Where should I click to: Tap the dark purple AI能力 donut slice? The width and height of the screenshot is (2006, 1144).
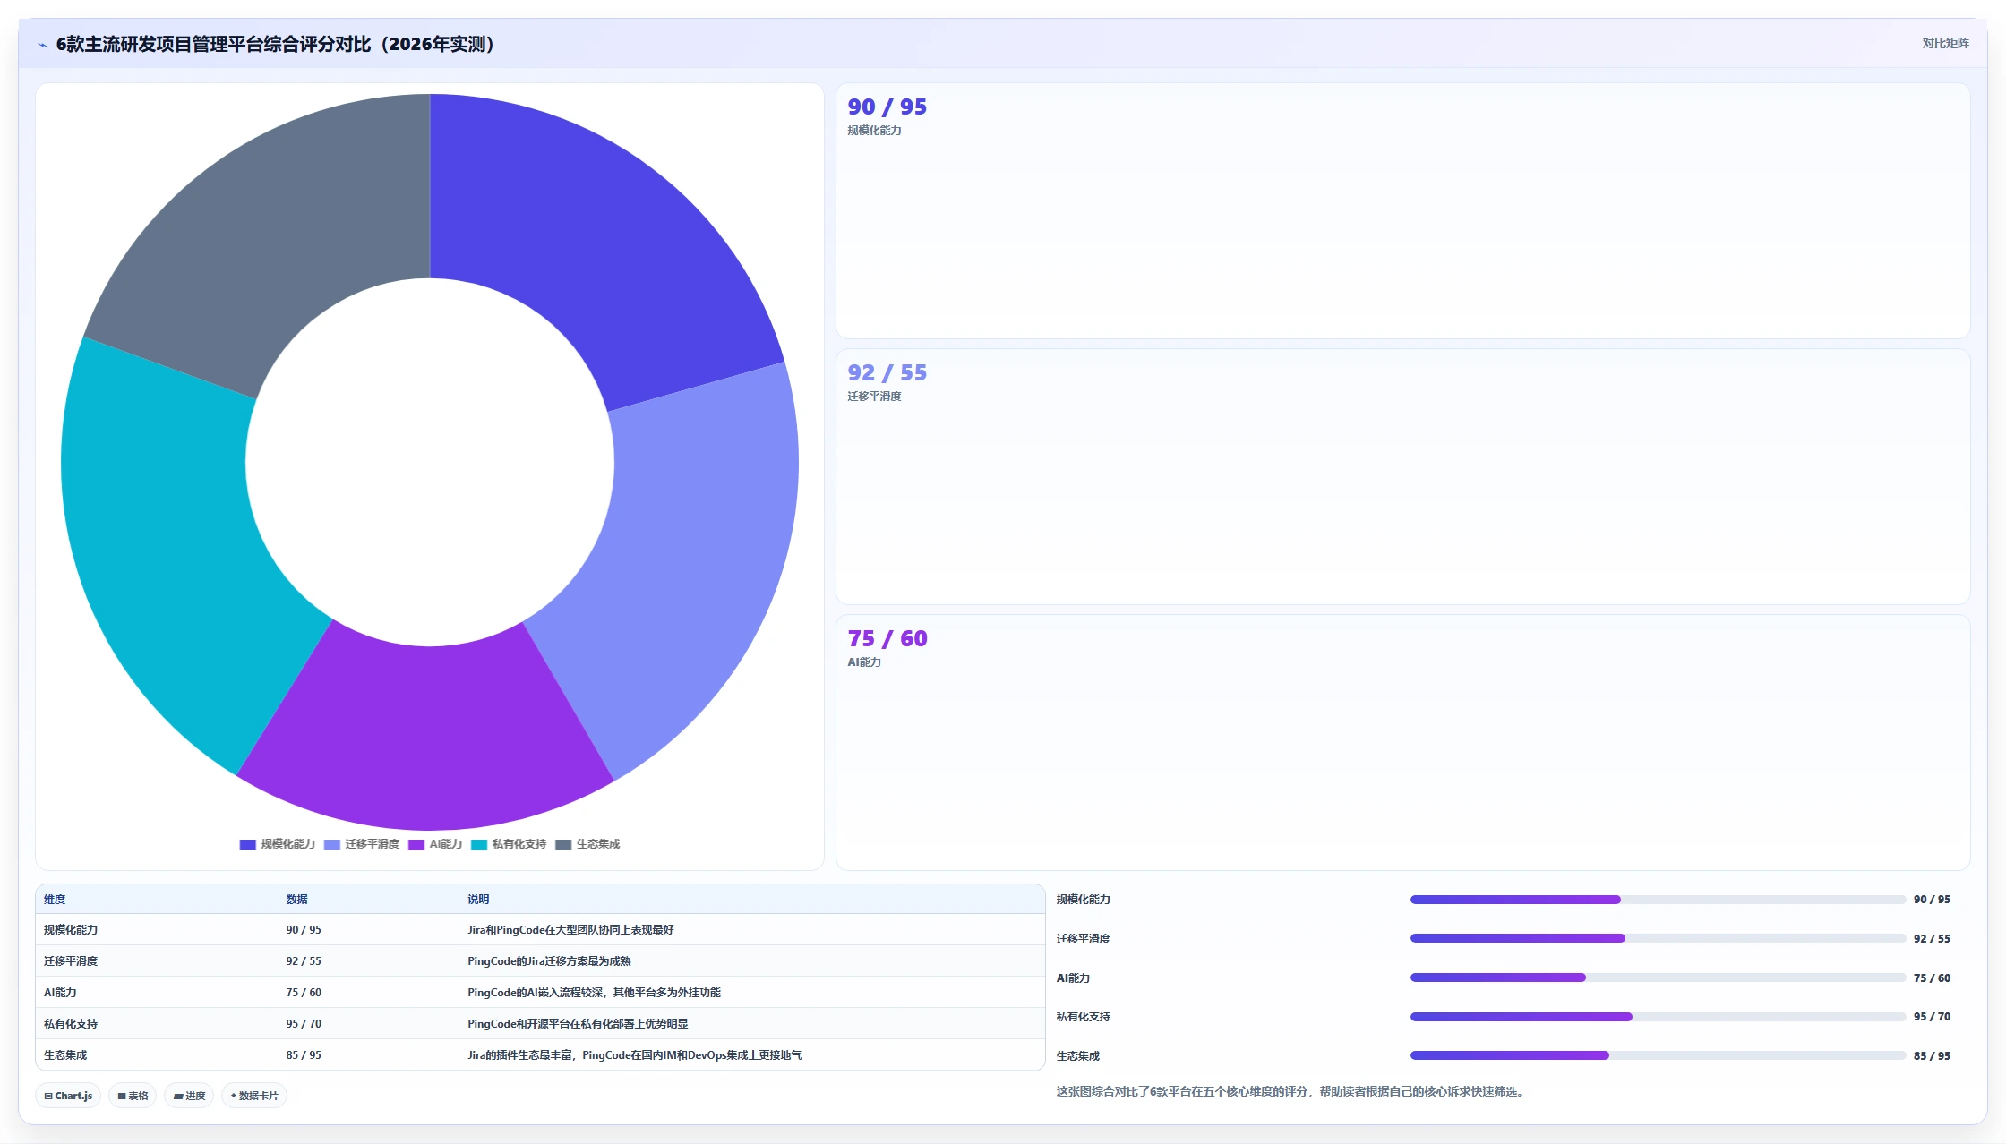(425, 734)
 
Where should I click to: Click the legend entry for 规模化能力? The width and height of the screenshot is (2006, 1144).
(278, 844)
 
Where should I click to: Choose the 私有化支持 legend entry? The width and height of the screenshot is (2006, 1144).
(509, 844)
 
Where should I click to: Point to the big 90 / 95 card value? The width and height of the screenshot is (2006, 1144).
(887, 107)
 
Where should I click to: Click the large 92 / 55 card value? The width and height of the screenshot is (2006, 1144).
(887, 372)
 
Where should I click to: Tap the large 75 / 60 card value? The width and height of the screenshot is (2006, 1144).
(887, 638)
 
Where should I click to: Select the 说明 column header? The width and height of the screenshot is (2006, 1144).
(478, 900)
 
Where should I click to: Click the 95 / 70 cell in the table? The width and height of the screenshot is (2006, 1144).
(304, 1023)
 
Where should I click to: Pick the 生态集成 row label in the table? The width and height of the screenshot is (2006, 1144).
(65, 1054)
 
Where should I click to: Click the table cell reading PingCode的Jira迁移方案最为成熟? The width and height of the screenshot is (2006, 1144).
(549, 960)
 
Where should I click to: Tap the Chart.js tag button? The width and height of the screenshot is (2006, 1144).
(68, 1096)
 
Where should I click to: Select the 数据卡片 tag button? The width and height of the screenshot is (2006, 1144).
(254, 1096)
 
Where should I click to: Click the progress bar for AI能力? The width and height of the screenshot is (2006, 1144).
(1658, 978)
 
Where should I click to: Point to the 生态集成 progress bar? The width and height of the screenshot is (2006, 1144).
(1658, 1055)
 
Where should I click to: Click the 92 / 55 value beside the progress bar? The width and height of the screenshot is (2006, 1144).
(1932, 939)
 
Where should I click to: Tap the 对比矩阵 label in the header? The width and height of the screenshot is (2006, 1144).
(1945, 43)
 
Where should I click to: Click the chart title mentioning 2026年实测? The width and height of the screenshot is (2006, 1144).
(276, 44)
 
